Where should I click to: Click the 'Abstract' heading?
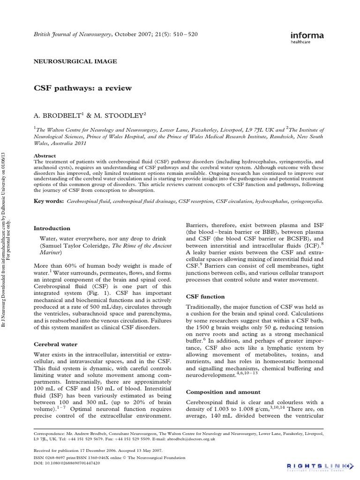(x=45, y=156)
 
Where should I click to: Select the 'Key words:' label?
(x=49, y=201)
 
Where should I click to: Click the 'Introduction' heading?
(x=52, y=228)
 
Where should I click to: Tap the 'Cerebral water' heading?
(x=55, y=344)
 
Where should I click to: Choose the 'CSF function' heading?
(x=205, y=296)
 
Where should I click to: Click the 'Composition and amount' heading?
(x=223, y=392)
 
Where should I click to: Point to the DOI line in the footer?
(x=67, y=463)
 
